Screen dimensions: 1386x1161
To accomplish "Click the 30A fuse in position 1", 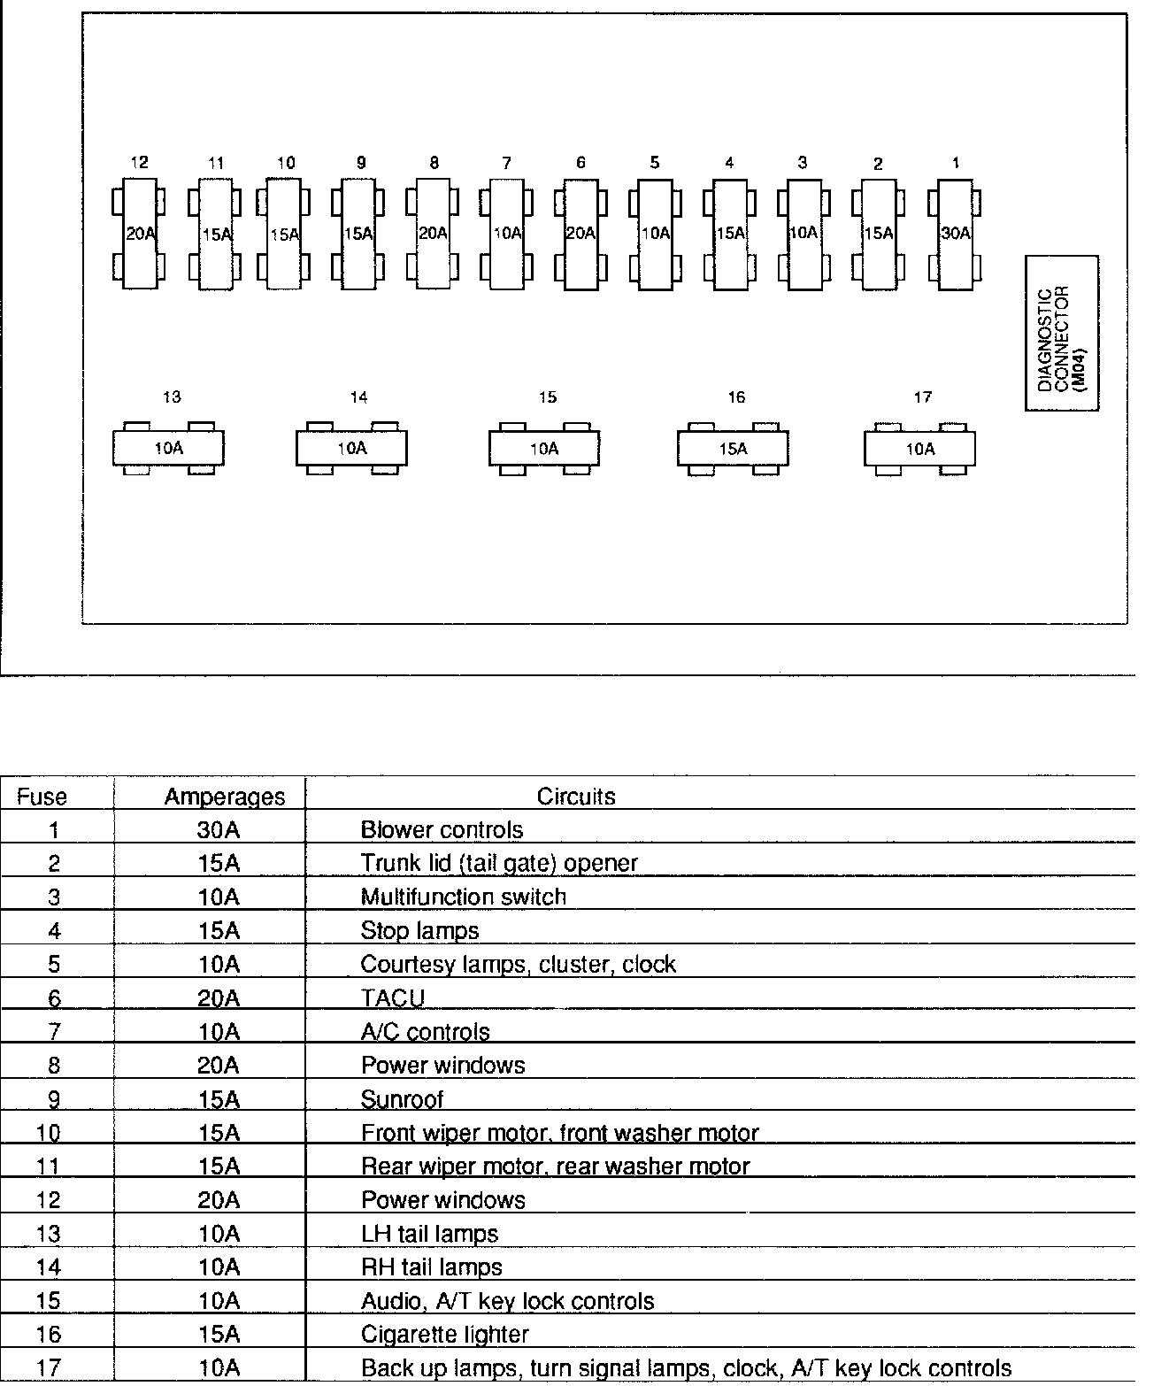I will coord(956,234).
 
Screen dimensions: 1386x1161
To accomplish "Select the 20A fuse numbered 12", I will coord(138,234).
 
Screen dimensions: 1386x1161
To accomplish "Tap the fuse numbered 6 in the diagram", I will coord(580,234).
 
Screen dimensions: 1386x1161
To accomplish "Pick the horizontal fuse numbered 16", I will coord(733,449).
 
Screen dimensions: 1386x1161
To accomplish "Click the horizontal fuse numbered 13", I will coord(168,449).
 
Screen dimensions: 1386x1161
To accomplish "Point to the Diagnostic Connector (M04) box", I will coord(1062,334).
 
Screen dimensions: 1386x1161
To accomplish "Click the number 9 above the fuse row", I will coord(361,163).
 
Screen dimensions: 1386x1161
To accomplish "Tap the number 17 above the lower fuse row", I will coord(922,397).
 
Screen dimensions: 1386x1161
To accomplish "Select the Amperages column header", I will coord(225,797).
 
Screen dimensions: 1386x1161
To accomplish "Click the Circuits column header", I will coord(576,797).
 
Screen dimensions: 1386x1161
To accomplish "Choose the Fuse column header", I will coord(42,797).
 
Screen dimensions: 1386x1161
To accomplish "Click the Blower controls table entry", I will coord(442,830).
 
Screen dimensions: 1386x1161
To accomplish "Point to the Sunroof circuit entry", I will coord(402,1099).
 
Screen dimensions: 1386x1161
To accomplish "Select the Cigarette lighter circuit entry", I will coord(444,1334).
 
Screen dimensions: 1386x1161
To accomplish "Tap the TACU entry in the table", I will coord(393,998).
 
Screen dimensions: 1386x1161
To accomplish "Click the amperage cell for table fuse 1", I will coord(219,830).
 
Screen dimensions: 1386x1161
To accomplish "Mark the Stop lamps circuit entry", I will coord(419,931).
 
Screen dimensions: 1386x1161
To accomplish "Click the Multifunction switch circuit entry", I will coord(463,897).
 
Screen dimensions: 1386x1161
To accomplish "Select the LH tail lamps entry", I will coord(429,1234).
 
